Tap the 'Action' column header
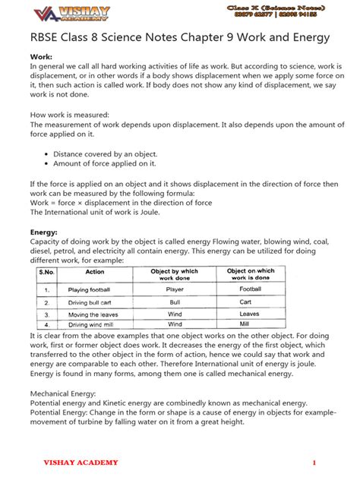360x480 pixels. pos(95,271)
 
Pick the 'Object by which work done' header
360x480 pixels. pos(175,274)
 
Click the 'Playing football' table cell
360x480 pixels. pos(89,290)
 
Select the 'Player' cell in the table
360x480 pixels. pos(175,289)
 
